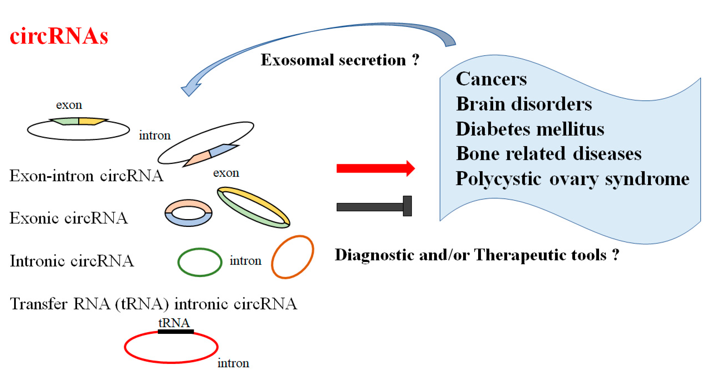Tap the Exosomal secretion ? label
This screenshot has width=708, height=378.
tap(340, 60)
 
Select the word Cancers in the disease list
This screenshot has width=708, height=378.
tap(491, 79)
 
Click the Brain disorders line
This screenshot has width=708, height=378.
tap(524, 104)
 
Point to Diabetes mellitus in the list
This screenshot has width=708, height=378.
tap(530, 129)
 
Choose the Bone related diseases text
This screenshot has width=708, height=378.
tap(549, 154)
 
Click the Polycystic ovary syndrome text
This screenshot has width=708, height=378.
tap(572, 179)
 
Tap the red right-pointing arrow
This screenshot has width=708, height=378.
tap(375, 168)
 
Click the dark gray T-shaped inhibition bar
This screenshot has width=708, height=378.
tap(374, 207)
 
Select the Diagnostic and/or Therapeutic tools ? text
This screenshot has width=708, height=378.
tap(477, 255)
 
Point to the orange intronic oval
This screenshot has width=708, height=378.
tap(292, 257)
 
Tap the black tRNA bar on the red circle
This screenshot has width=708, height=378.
tap(176, 331)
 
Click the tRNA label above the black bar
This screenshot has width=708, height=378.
tap(174, 323)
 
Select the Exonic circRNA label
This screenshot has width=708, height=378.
tap(69, 218)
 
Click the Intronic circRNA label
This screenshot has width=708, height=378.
tap(72, 261)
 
